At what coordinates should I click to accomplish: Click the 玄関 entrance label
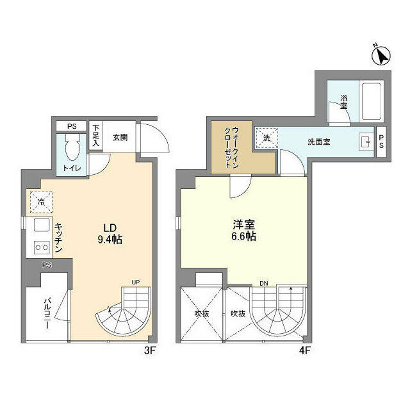[x=120, y=136]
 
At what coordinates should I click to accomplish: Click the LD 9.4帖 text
[x=110, y=234]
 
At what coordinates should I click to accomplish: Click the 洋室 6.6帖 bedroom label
[x=243, y=231]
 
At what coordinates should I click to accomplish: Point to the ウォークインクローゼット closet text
[x=228, y=147]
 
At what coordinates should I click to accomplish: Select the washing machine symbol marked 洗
[x=265, y=137]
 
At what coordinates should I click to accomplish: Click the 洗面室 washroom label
[x=318, y=141]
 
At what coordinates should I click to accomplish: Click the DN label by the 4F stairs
[x=263, y=283]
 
